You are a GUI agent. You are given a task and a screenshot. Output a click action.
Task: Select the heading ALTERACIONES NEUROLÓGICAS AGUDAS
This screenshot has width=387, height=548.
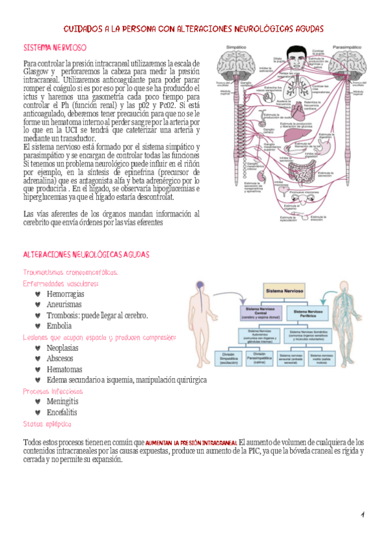[x=86, y=255]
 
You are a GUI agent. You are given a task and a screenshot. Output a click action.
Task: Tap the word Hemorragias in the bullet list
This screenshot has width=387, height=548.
[x=65, y=294]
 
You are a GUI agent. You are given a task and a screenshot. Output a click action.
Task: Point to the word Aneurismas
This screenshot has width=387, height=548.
[x=64, y=304]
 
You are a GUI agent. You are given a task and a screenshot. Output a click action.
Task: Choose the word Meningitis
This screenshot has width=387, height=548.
[x=63, y=401]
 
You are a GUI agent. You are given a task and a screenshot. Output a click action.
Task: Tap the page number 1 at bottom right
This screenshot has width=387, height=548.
[x=363, y=514]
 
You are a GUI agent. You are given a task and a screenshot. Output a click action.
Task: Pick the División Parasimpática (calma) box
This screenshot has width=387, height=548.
[x=259, y=358]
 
